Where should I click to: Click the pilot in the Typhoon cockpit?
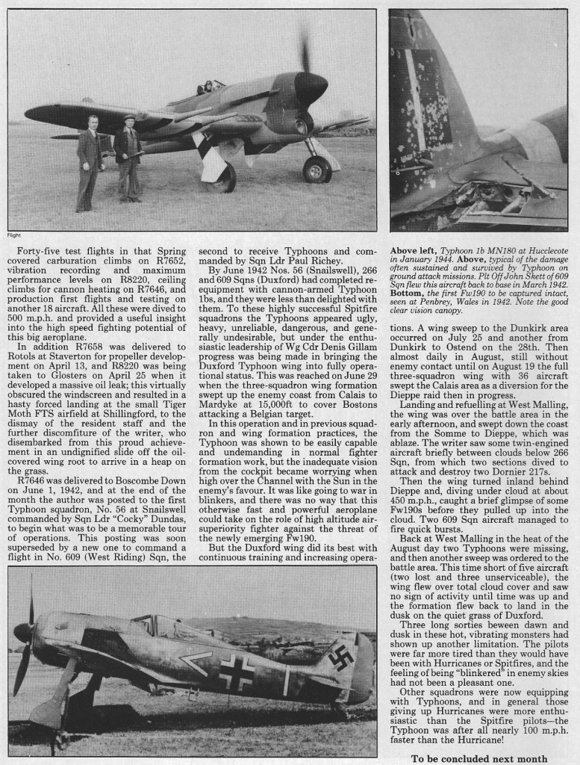pos(201,89)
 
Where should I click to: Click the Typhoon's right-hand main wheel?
pos(316,170)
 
